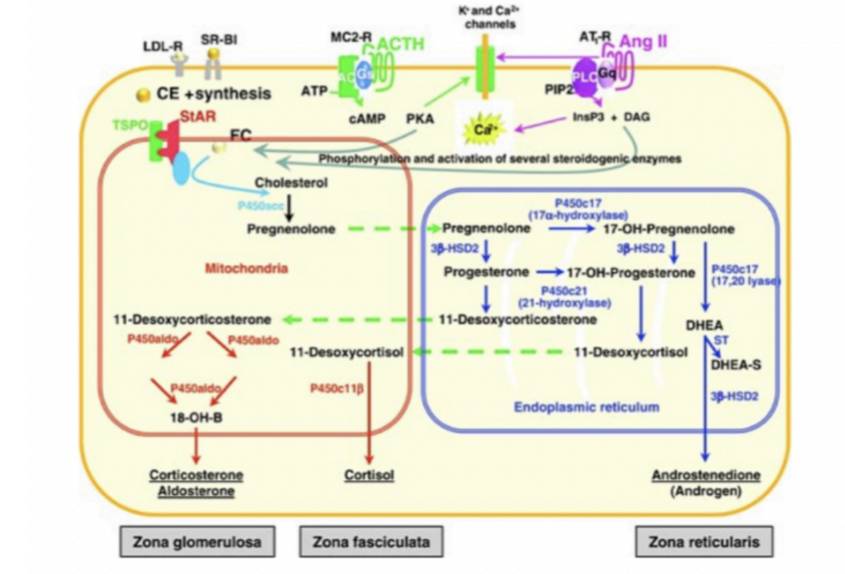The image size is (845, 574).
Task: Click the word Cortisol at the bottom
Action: [369, 475]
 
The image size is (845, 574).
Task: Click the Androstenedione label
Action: [706, 476]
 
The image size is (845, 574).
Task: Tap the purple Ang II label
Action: [643, 42]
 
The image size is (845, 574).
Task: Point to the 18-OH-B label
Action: [195, 419]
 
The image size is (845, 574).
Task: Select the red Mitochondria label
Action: [246, 268]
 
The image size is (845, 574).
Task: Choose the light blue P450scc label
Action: [258, 205]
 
